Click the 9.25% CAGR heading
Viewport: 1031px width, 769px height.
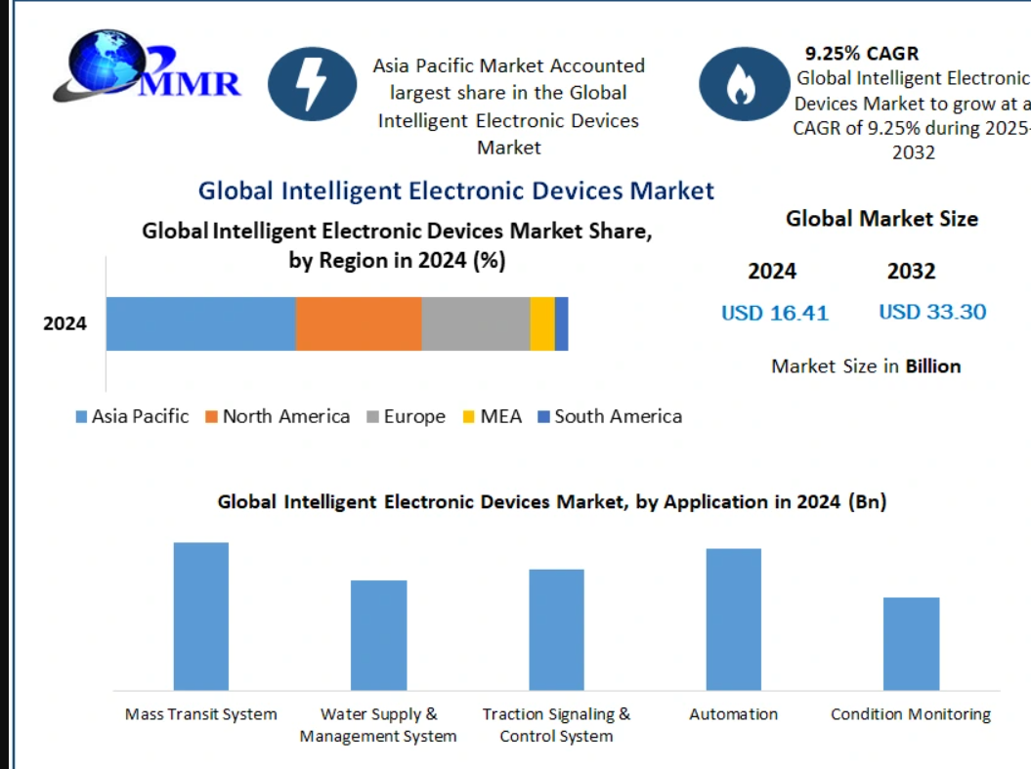[861, 53]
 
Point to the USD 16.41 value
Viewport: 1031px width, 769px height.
[775, 313]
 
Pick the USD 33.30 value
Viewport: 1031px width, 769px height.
[932, 312]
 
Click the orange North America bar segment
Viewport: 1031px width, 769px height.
[359, 323]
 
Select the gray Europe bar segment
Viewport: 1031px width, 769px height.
[476, 323]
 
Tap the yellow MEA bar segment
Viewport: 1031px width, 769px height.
[542, 323]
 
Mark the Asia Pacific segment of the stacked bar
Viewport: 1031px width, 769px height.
[201, 323]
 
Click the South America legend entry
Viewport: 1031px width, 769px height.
[610, 416]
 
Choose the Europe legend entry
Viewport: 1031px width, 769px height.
[407, 416]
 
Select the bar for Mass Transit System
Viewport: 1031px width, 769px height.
[201, 617]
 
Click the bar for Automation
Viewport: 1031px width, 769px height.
[734, 619]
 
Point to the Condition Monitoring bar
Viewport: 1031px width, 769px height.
[912, 644]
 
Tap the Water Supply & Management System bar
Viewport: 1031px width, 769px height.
[379, 635]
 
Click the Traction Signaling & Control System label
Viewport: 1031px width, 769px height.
[556, 725]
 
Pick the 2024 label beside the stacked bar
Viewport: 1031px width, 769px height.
[65, 323]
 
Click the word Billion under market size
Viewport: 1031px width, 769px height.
[933, 366]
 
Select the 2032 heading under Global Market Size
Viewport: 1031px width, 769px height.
[912, 271]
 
